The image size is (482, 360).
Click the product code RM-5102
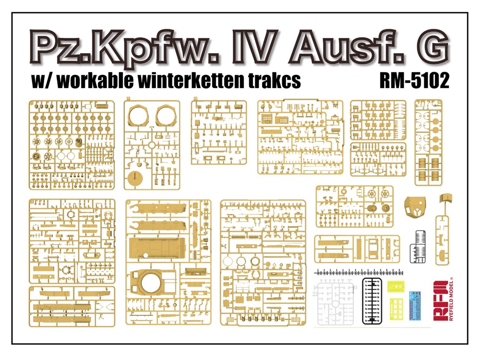(x=414, y=80)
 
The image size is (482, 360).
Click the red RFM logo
(x=440, y=301)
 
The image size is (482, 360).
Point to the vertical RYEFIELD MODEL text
(x=451, y=299)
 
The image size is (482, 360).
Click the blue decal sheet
(x=415, y=305)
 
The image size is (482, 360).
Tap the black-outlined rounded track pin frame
(x=372, y=301)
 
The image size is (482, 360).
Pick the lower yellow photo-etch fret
(x=397, y=309)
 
